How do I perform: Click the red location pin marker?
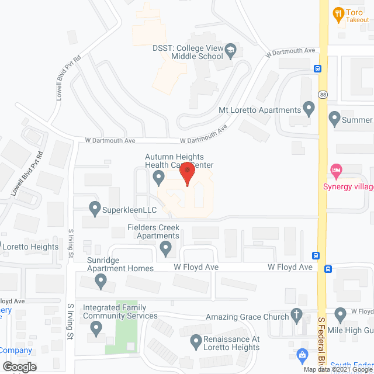tap(187, 174)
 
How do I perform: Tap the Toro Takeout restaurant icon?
tap(338, 13)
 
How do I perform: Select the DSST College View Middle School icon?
tap(231, 51)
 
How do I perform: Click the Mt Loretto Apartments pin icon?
tap(309, 109)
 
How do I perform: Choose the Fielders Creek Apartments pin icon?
tap(167, 250)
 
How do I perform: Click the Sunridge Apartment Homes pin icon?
tap(101, 282)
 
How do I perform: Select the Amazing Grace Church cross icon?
tap(297, 317)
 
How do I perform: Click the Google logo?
tap(19, 366)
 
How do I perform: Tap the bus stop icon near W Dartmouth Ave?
tap(317, 68)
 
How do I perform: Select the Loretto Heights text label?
tap(31, 247)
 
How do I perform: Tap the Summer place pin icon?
tap(335, 119)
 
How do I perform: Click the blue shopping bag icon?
tap(302, 354)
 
